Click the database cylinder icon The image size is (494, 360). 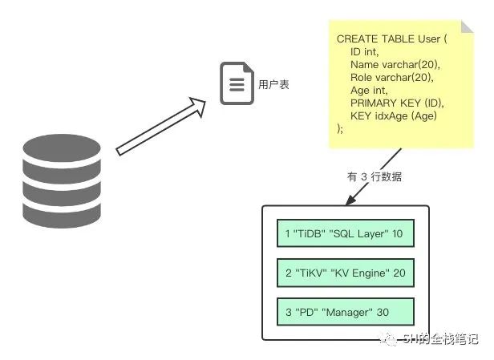pos(62,180)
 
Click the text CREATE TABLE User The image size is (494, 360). pos(391,38)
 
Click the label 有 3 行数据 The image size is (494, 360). pos(375,176)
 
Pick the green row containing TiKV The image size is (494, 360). pos(344,273)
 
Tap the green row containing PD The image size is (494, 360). pos(344,311)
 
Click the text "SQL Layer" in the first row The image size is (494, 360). pos(358,233)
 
